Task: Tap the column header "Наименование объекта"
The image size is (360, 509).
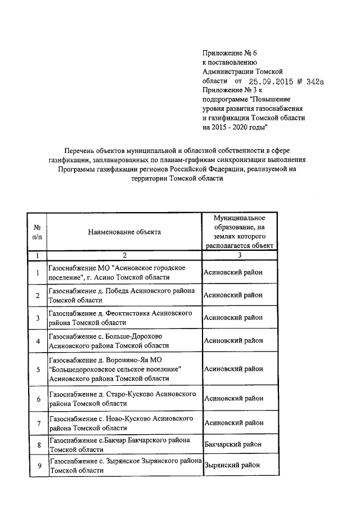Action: coord(124,231)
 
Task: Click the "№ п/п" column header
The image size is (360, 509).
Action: coord(37,231)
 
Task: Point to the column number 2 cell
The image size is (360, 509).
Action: coord(124,255)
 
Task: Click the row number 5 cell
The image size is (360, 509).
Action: coord(37,370)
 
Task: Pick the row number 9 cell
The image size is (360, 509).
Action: coord(37,466)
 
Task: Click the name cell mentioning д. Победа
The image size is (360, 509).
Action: coord(123,295)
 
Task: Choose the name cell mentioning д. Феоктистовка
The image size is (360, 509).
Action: coord(123,318)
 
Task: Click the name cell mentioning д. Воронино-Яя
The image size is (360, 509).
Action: coord(123,370)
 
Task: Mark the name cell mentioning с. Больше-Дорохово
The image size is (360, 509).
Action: coord(123,340)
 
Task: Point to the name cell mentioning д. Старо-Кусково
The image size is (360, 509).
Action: coord(123,399)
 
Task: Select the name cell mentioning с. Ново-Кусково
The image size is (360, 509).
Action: coord(123,422)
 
